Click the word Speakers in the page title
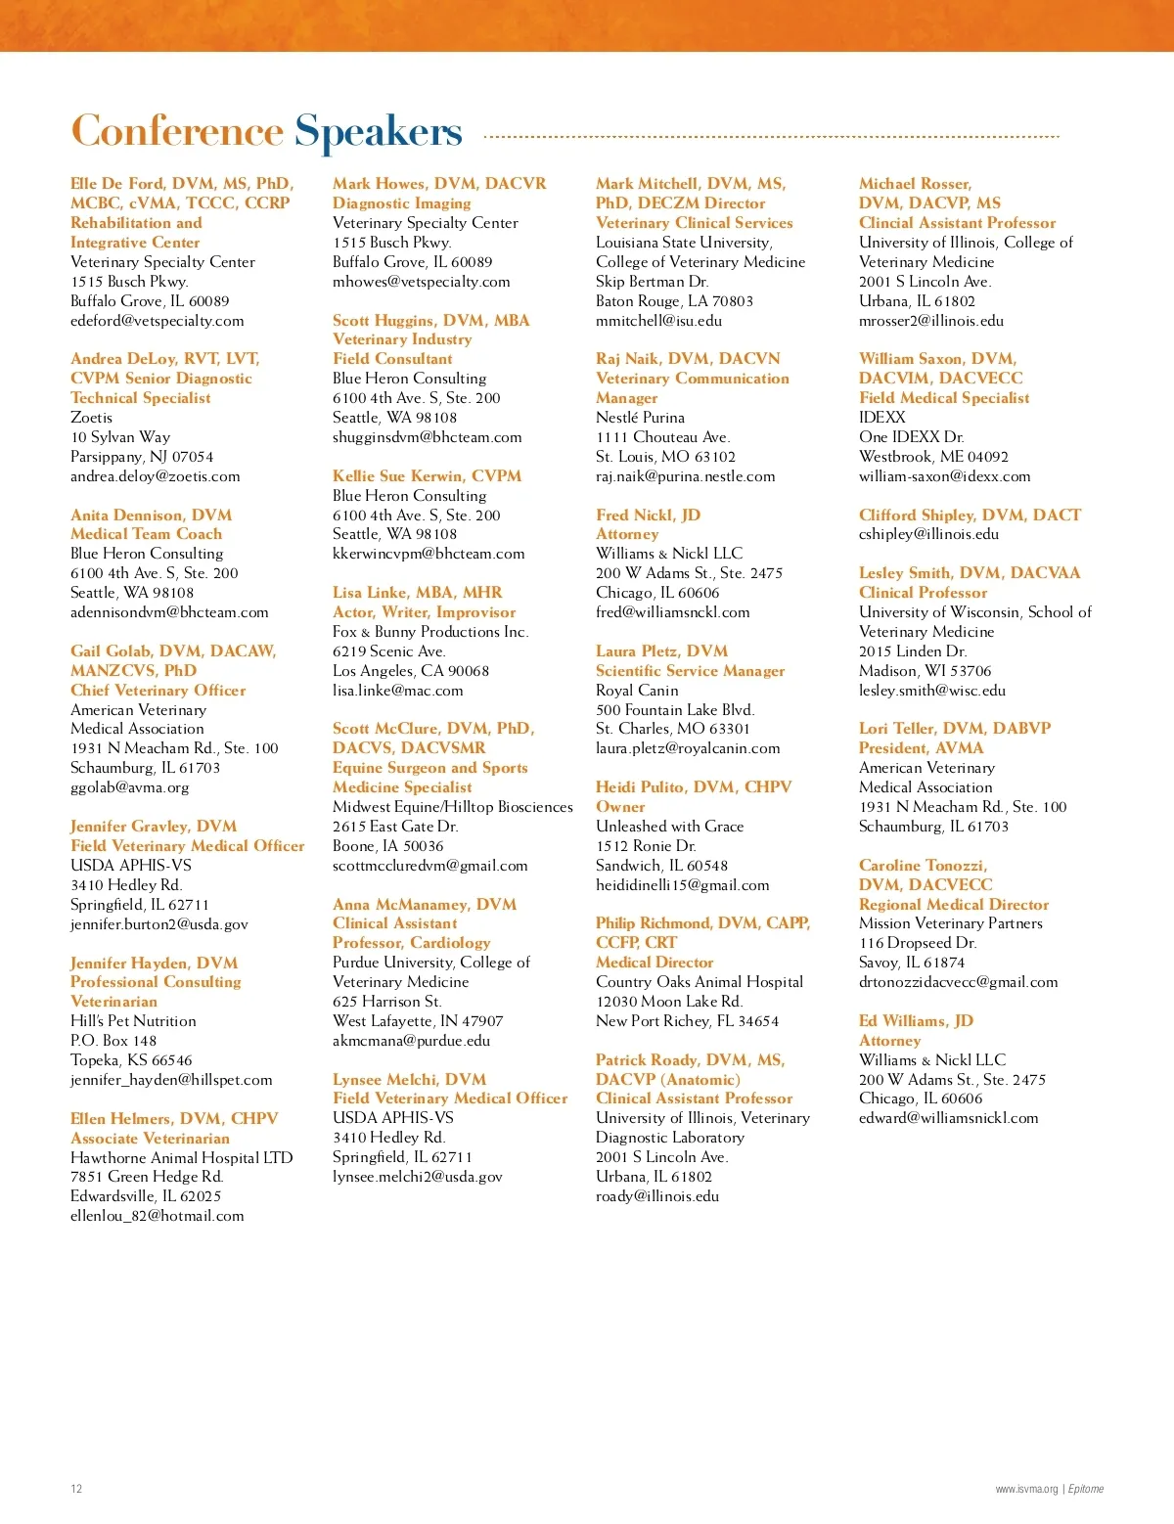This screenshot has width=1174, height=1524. pos(378,132)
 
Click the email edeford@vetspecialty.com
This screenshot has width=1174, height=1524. pos(158,321)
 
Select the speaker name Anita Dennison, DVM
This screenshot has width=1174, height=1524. pos(151,515)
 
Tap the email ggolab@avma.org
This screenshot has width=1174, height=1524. pos(130,787)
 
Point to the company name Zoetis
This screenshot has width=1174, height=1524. pos(91,418)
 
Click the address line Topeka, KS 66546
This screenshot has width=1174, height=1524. pos(131,1060)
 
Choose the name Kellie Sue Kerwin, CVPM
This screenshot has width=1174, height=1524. pos(427,476)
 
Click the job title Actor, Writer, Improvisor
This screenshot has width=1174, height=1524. pos(424,612)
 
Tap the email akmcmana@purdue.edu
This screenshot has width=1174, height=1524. pos(411,1041)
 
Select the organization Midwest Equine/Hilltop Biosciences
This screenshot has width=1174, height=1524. pos(452,807)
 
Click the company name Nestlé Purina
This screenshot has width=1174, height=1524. pos(640,418)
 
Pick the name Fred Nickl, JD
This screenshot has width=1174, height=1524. pos(648,515)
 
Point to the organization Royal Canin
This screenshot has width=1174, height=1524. pos(637,691)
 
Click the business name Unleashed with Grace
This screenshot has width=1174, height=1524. pos(669,827)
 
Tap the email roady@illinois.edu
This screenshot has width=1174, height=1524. pos(656,1196)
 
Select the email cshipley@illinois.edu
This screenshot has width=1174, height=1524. pos(928,534)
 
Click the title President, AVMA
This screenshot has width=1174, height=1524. pos(921,748)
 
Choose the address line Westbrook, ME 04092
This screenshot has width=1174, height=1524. pos(933,457)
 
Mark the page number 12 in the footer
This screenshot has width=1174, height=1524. pos(76,1489)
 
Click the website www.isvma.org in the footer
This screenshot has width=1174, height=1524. pos(1026,1489)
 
